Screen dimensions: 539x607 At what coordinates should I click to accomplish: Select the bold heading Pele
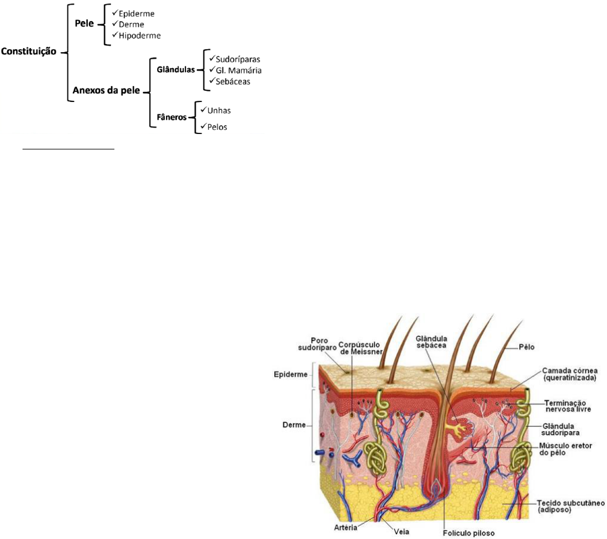click(85, 22)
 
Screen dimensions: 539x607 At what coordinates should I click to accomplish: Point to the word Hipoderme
click(139, 36)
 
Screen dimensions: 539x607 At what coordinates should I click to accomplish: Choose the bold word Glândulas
click(176, 68)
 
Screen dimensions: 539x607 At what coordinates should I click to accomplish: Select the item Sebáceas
click(234, 82)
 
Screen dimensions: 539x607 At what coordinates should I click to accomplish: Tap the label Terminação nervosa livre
click(568, 405)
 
